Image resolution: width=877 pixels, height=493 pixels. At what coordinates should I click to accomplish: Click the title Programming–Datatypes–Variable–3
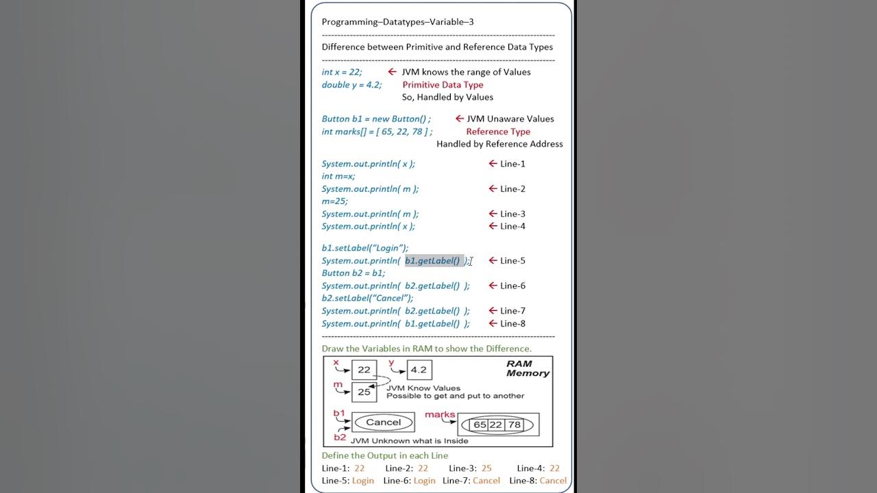397,22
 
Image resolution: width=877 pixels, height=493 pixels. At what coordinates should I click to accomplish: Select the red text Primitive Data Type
443,85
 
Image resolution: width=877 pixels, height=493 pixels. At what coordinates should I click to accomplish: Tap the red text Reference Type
498,131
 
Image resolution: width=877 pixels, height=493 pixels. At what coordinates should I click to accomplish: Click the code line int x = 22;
342,72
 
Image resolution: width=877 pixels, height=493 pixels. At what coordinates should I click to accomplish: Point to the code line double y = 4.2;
351,85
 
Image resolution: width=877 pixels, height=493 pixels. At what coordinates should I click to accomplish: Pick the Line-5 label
512,261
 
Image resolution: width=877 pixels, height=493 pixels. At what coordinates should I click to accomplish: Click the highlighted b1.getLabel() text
433,261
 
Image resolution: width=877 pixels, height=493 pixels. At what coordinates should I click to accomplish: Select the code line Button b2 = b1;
354,273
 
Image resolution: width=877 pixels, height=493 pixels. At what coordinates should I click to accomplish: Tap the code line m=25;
335,201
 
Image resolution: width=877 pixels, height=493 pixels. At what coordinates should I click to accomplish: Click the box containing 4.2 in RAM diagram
419,370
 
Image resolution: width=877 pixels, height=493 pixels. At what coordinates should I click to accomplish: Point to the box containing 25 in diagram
364,392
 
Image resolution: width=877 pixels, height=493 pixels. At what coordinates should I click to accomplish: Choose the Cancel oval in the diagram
383,422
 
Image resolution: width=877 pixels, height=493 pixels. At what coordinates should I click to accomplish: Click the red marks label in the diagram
440,414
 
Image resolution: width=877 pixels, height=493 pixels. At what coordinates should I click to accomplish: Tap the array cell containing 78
514,425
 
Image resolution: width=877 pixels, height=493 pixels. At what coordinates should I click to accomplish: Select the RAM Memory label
528,368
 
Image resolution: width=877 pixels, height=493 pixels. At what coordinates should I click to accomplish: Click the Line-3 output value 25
486,468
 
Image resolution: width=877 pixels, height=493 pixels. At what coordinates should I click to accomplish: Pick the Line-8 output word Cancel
553,481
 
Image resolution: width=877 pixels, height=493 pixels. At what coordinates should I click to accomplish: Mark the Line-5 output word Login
363,481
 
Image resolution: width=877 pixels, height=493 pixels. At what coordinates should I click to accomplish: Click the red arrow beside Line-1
493,164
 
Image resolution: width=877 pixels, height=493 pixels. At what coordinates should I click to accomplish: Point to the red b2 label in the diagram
340,437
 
